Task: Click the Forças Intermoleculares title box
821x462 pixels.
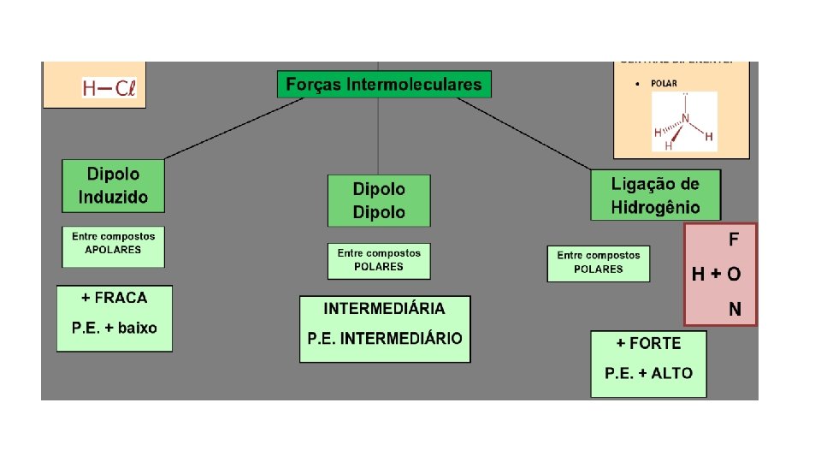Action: (x=384, y=85)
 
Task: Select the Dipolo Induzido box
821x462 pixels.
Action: (x=113, y=186)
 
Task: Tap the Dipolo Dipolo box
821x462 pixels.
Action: (x=379, y=201)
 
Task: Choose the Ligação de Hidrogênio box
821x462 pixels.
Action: (x=655, y=195)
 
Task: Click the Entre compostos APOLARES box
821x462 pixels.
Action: (x=113, y=243)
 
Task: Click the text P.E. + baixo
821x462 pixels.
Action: (x=115, y=328)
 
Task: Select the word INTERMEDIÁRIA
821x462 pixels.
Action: (x=384, y=308)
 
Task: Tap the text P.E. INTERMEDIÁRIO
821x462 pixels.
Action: (x=385, y=338)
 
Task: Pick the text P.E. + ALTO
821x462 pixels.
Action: (x=648, y=373)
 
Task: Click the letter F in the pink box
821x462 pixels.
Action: (x=733, y=238)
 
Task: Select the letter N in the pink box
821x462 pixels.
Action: (x=735, y=308)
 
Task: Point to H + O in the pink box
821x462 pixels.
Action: (x=717, y=274)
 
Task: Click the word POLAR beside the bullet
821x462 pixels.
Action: (x=664, y=84)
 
